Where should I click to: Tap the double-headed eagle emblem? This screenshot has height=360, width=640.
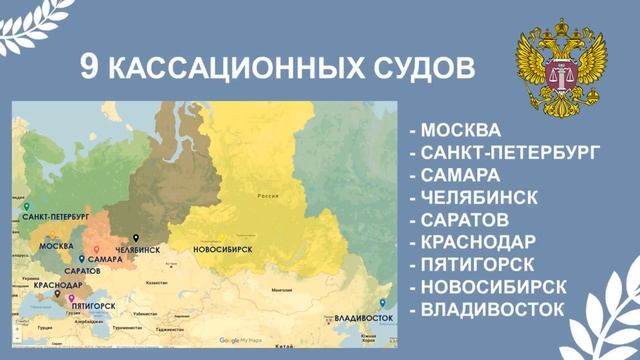562,71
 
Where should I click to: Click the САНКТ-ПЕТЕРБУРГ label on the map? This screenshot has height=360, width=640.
55,216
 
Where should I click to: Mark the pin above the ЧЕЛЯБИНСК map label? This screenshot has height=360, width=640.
136,237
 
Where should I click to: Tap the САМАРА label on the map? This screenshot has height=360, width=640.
104,259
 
